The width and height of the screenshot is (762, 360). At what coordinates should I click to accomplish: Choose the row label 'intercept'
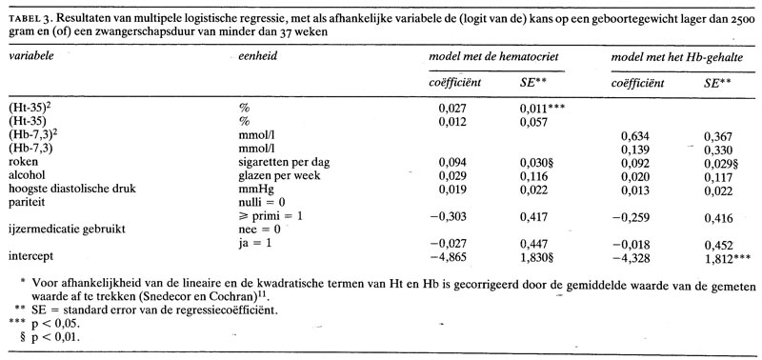(30, 256)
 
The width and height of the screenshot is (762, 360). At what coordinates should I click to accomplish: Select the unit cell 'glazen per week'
(276, 176)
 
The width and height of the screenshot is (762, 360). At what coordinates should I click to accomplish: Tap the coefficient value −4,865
(452, 256)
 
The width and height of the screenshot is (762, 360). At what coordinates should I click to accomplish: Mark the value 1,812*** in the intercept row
(728, 256)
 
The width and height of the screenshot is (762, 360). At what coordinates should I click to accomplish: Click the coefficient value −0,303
(452, 216)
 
